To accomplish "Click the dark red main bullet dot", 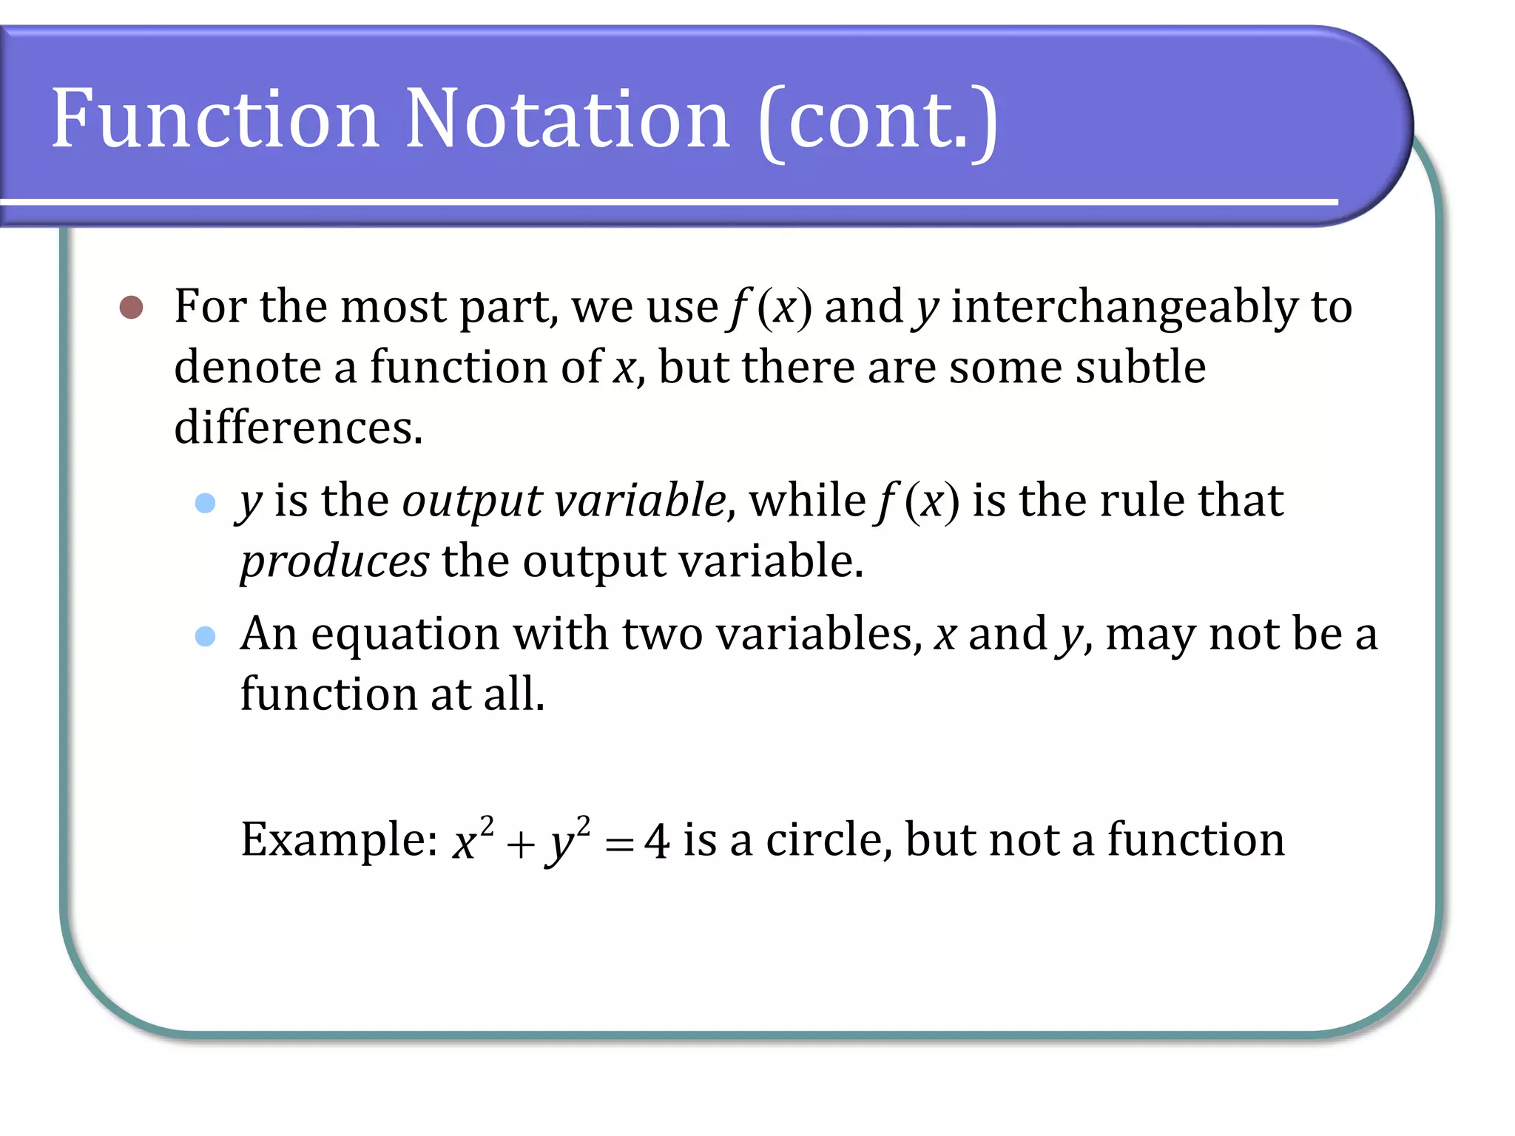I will (131, 307).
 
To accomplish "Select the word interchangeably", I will (1124, 307).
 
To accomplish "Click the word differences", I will (298, 427).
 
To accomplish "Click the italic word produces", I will (334, 561).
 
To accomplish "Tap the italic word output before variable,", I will (472, 501).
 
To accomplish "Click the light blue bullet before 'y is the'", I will (205, 504).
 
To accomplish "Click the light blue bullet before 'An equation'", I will (205, 636).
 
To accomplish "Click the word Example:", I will (340, 840).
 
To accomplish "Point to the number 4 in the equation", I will (656, 842).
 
